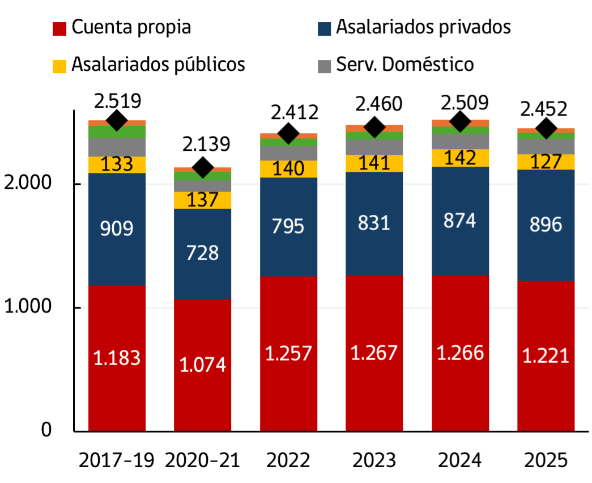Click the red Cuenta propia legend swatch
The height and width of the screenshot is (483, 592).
pos(59,28)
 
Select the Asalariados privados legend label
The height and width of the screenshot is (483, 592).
pos(423,27)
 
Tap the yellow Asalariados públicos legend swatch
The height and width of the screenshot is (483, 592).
pos(59,65)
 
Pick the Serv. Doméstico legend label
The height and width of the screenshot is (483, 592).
pos(404,64)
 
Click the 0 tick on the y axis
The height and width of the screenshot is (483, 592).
pos(46,430)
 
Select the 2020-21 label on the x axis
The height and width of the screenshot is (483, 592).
pos(202,460)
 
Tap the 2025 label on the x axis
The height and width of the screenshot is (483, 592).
pos(546,460)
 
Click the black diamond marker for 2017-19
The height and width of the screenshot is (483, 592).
pos(117,120)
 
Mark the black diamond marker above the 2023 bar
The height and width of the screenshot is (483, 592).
pos(374,128)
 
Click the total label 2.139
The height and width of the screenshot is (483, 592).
pos(206,144)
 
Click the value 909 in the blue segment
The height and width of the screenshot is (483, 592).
pos(117,229)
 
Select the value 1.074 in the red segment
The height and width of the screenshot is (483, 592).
pos(203,365)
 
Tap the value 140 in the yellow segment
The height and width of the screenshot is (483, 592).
pos(289,169)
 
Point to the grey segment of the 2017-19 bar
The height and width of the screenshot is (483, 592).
pos(117,147)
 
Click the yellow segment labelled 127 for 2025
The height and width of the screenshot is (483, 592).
pos(546,162)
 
